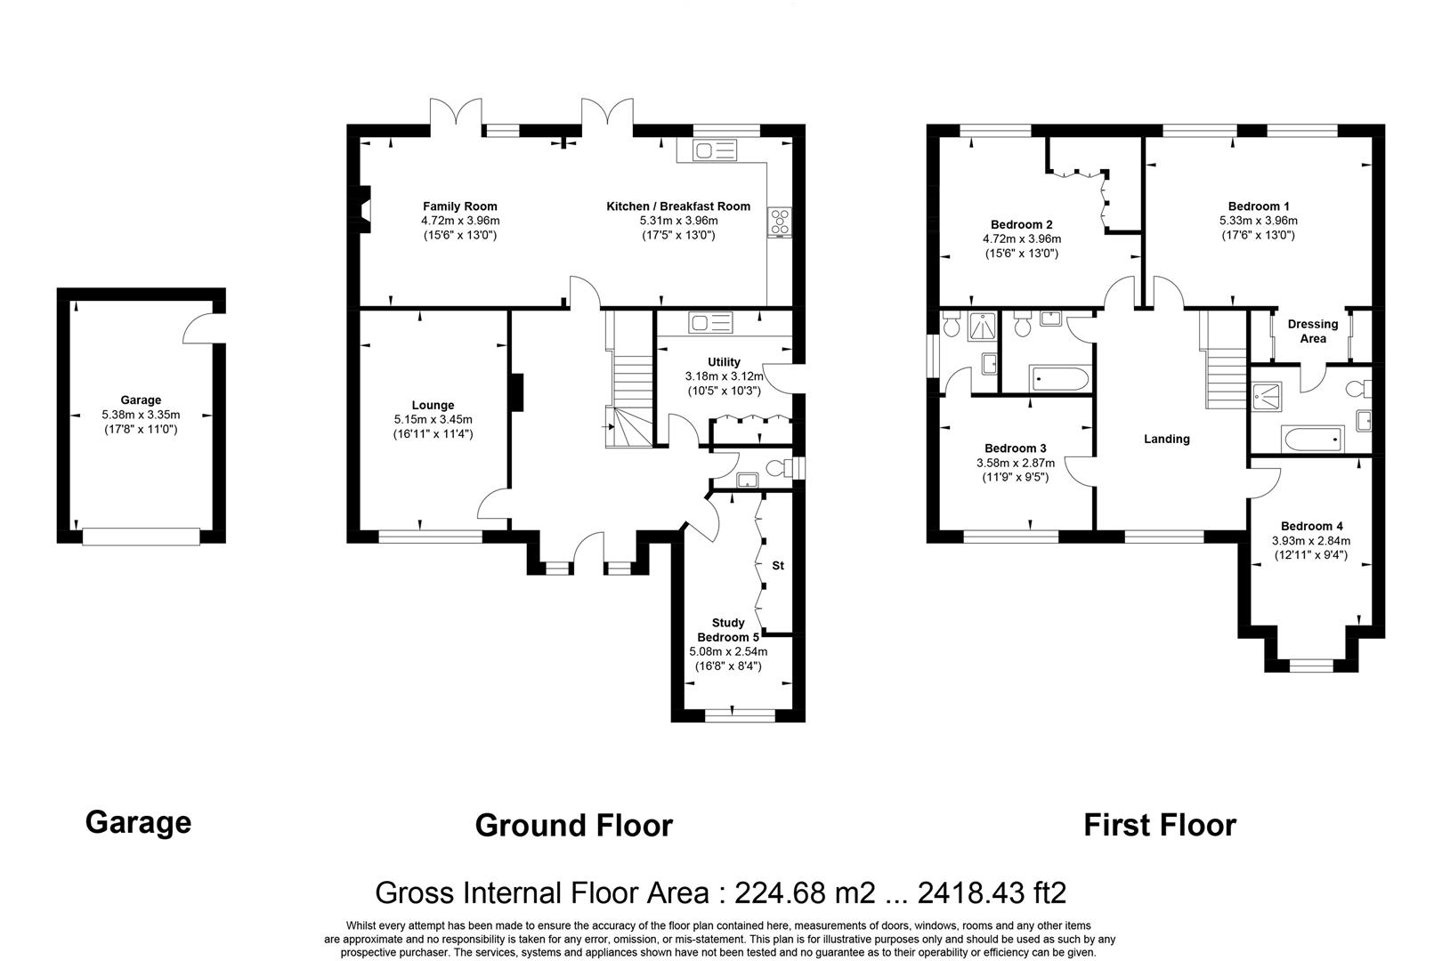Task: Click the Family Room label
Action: pos(459,206)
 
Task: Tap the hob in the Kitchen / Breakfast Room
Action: pos(780,222)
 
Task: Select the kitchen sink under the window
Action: pos(709,151)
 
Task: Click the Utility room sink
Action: pos(709,322)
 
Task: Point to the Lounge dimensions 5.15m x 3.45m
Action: pos(433,420)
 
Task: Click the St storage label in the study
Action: pos(778,566)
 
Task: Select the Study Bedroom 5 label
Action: pos(728,630)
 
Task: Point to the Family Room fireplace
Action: pos(363,209)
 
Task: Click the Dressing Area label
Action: pos(1313,331)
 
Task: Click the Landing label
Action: pos(1166,439)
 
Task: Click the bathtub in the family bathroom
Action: pos(1057,380)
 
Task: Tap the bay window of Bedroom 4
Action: pos(1311,664)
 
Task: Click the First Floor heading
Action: pos(1159,826)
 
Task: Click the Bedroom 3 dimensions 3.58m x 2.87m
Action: pos(1015,463)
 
